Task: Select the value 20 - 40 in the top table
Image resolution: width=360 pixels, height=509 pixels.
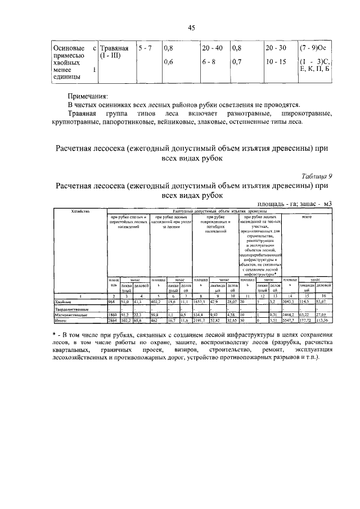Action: [213, 48]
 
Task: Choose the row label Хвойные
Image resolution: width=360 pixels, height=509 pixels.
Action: [63, 301]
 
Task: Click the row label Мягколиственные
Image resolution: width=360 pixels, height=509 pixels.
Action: [69, 315]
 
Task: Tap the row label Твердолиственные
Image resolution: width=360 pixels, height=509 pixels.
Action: [70, 309]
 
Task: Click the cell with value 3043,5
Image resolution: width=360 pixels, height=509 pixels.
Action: [289, 301]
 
